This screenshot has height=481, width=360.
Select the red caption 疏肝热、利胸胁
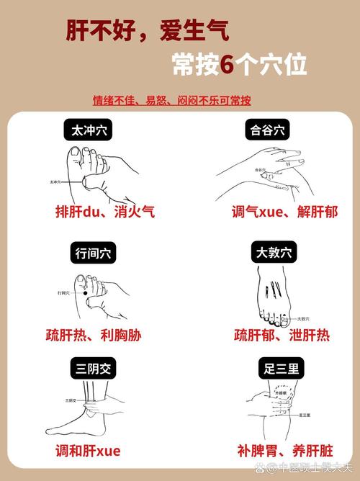(104, 335)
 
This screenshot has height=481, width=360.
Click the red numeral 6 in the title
(227, 65)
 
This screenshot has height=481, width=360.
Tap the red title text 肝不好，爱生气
(148, 30)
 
